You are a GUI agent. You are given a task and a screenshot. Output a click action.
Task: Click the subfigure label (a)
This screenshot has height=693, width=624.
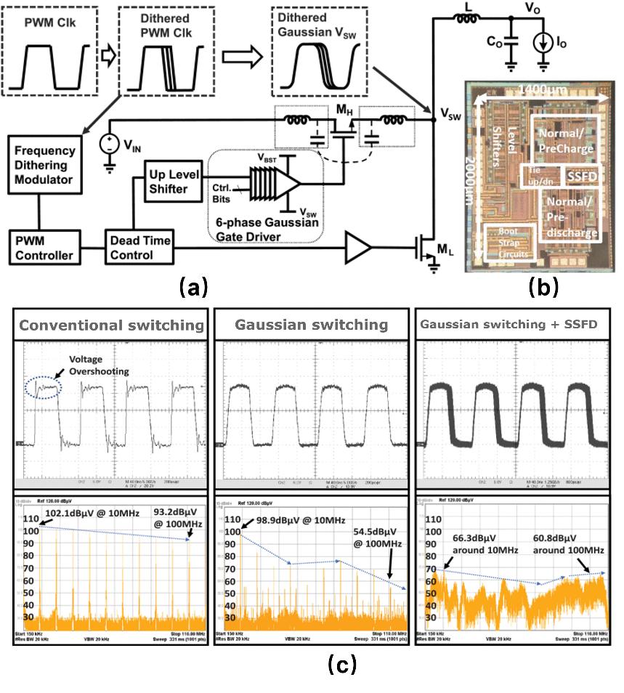click(x=195, y=288)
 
